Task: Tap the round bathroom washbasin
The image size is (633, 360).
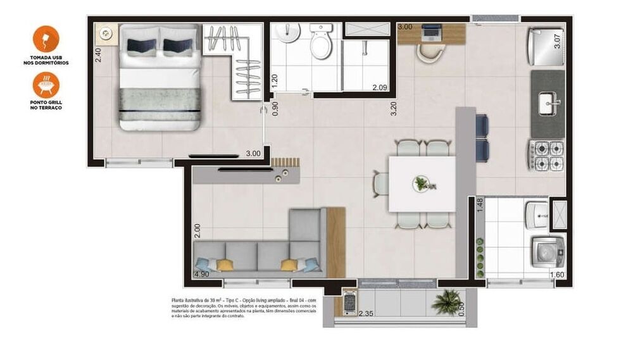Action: point(290,34)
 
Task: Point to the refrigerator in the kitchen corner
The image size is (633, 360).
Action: point(545,46)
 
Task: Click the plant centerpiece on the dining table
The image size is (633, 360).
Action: point(421,184)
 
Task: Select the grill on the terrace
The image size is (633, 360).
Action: point(349,302)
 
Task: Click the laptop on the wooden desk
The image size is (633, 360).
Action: point(432,30)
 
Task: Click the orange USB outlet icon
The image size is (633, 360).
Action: point(46,39)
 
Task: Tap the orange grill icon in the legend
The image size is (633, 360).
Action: point(46,84)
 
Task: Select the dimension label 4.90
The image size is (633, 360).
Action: point(201,274)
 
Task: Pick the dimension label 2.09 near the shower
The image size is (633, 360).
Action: point(380,87)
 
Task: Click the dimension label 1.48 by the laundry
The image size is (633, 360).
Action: point(479,206)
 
